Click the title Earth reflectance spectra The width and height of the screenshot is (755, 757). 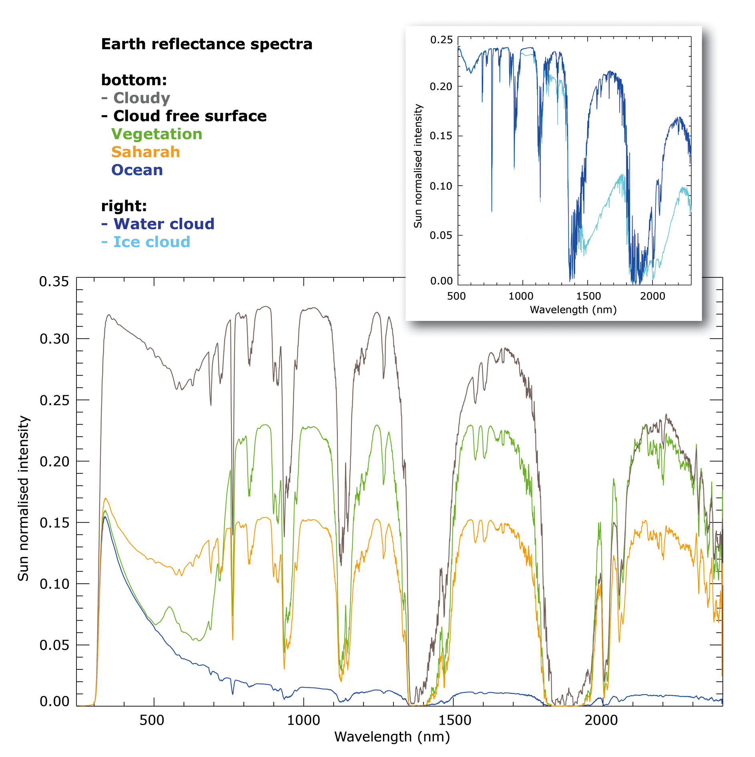(x=207, y=44)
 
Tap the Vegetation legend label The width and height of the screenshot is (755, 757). (x=157, y=134)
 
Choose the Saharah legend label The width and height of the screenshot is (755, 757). (x=146, y=152)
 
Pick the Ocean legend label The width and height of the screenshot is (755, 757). (x=137, y=170)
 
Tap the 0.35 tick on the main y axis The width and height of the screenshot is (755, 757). (x=54, y=282)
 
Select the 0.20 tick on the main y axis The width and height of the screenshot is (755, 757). (x=54, y=461)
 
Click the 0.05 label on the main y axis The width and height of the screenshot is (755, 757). (x=54, y=645)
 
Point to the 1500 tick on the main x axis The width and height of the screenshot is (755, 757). (x=454, y=720)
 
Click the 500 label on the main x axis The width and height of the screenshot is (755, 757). (x=152, y=720)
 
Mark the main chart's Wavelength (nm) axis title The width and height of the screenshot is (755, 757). (x=392, y=737)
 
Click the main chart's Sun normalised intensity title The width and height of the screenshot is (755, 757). (x=23, y=498)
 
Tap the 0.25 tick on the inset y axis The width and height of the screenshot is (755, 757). (x=441, y=40)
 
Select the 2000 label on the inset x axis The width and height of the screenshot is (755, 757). (x=652, y=296)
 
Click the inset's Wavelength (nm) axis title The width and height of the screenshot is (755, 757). (x=573, y=310)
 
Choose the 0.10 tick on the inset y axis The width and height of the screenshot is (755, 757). (x=441, y=186)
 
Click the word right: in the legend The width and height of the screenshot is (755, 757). (x=124, y=206)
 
